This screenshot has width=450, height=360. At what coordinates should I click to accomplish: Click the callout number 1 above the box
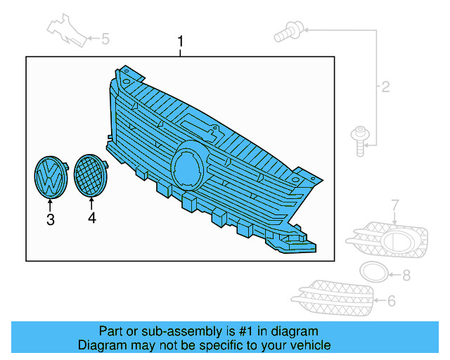click(x=180, y=42)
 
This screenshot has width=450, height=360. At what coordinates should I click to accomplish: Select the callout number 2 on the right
click(x=385, y=87)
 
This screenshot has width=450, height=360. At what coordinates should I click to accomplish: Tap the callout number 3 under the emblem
click(x=50, y=220)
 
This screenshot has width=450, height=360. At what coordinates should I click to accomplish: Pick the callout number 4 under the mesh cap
click(x=91, y=219)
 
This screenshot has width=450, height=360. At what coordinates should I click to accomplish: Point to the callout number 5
click(x=105, y=39)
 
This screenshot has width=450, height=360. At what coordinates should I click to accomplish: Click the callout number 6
click(x=392, y=301)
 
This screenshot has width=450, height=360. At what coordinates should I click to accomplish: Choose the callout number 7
click(x=395, y=205)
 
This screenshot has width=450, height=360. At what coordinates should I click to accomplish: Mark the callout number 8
click(x=406, y=275)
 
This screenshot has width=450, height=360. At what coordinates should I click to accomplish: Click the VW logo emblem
click(x=50, y=177)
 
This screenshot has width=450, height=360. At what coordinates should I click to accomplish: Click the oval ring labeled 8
click(x=373, y=272)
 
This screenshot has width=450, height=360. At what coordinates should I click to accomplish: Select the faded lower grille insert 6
click(x=335, y=298)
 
